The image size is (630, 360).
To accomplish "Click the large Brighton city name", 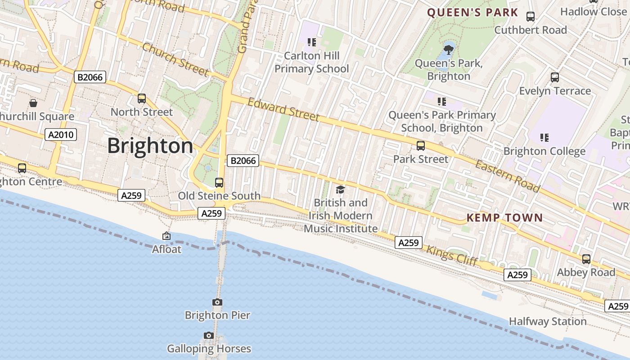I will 150,146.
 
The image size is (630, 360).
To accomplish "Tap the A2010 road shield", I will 61,134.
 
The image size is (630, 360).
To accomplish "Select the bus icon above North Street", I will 142,98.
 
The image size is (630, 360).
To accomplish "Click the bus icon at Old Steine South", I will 219,182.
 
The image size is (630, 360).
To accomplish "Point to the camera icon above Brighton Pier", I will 217,302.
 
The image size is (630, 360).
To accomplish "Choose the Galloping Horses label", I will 209,348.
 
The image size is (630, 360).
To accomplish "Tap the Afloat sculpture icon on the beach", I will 166,235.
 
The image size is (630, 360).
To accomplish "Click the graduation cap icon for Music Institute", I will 340,189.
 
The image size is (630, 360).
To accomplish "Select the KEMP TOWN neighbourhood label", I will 504,218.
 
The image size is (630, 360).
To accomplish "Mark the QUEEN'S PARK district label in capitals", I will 472,13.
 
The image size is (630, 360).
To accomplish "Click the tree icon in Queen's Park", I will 448,49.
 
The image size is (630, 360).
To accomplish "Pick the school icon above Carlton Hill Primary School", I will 311,42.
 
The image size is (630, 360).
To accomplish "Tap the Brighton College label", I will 544,151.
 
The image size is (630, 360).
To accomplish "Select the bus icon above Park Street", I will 421,145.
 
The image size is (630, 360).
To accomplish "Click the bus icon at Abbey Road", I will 586,259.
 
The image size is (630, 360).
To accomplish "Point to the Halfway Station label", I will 548,321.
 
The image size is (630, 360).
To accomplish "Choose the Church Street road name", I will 175,59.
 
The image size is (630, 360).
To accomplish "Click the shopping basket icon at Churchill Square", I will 33,103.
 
